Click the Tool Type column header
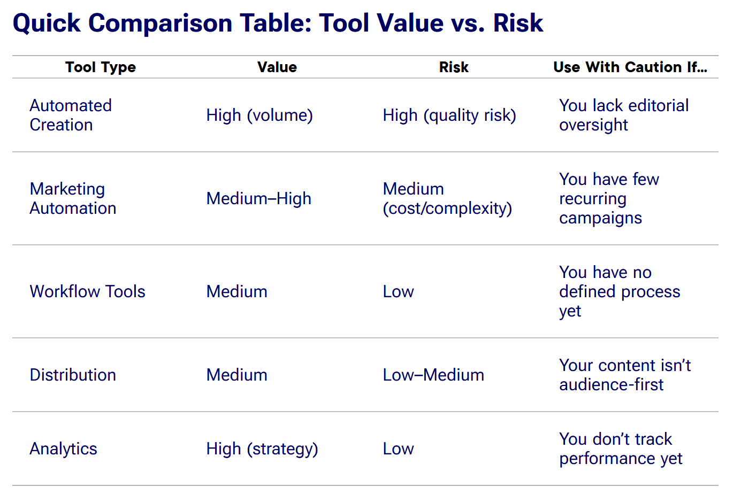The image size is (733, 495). click(101, 67)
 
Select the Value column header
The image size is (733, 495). click(277, 67)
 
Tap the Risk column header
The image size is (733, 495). click(454, 67)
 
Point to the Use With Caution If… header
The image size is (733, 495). click(630, 67)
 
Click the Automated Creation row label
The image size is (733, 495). click(71, 115)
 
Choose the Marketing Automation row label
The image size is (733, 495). click(73, 198)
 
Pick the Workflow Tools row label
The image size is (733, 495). click(87, 291)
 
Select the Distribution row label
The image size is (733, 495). click(73, 375)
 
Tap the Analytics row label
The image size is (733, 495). click(63, 448)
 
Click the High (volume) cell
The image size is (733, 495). click(259, 115)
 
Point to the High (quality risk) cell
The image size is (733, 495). click(449, 115)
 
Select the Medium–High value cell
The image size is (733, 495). click(258, 198)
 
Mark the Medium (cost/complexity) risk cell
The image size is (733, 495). click(447, 198)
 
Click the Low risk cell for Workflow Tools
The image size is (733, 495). click(398, 291)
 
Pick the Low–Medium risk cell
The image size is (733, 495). click(433, 375)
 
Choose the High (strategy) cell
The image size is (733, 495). click(262, 448)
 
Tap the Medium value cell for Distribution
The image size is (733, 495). click(236, 375)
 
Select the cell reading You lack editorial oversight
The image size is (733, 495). click(624, 115)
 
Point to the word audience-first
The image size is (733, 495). click(611, 384)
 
